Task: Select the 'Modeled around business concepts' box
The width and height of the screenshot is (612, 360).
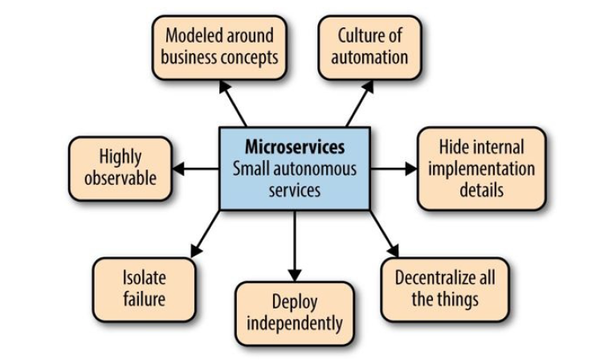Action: pos(218,46)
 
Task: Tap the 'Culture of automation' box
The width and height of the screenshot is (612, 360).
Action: pos(372,46)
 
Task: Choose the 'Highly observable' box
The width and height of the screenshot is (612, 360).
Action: pos(120,166)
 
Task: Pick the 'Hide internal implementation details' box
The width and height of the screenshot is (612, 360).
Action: pos(481,168)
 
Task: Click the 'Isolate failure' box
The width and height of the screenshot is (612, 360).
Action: pos(144,288)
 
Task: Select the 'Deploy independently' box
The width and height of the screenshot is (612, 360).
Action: pos(294,313)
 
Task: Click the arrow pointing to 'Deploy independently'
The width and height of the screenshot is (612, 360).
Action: pos(295,245)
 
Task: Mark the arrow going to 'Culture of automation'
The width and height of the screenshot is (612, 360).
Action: pos(360,103)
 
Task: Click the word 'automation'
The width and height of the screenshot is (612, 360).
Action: pos(372,57)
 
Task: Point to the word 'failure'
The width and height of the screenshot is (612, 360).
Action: pos(144,299)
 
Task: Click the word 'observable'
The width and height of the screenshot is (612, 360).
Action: pos(120,177)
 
